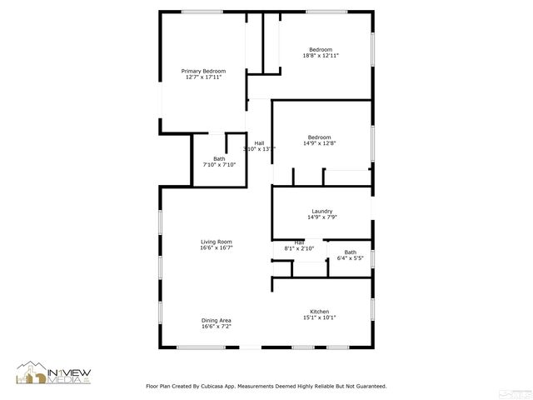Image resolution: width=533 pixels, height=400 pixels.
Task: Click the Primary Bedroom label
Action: [203, 71]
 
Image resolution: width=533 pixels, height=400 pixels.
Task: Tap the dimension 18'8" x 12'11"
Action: [320, 55]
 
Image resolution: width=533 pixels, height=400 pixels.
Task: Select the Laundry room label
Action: [322, 211]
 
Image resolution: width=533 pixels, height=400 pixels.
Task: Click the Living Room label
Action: [216, 242]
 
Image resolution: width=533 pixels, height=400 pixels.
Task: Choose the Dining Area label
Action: [216, 320]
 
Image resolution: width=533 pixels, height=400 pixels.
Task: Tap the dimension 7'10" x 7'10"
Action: [219, 165]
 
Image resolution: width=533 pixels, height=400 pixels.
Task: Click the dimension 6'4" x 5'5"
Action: [350, 258]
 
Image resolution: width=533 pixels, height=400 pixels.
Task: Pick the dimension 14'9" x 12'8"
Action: [320, 143]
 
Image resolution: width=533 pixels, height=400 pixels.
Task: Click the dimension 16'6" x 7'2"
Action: [216, 327]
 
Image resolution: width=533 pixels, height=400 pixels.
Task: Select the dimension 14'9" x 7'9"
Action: [322, 217]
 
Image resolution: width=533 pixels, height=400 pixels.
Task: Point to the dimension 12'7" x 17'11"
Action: [203, 77]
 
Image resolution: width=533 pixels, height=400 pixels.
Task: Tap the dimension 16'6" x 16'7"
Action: [216, 248]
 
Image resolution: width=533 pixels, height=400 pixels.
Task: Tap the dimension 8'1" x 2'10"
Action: [299, 248]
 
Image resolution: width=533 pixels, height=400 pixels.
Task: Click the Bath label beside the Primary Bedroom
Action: [219, 158]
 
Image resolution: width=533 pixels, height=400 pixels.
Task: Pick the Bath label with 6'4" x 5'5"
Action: [350, 252]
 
